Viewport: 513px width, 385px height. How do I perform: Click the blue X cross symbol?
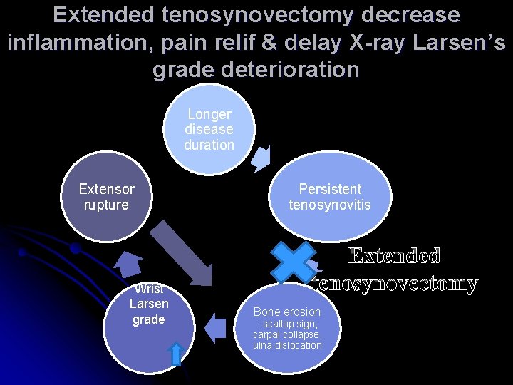coord(292,262)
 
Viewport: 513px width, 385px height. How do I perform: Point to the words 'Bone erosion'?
coord(287,312)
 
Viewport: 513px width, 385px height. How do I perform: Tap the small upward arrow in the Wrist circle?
coord(177,354)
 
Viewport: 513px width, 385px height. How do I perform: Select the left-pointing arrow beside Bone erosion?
coord(214,327)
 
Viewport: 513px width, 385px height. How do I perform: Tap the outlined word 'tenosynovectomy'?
coord(395,284)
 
